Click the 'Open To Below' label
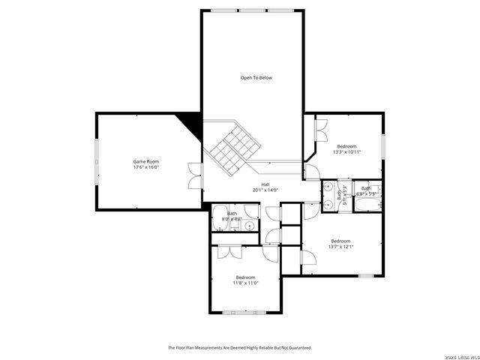[256, 78]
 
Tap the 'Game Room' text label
[146, 161]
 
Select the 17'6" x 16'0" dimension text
[146, 167]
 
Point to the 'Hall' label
[265, 184]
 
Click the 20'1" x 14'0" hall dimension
[265, 190]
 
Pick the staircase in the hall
[229, 147]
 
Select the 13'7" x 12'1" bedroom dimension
[340, 247]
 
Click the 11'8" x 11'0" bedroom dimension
[245, 283]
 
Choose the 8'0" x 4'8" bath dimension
[232, 219]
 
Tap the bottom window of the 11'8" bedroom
[245, 312]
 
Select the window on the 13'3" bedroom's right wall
[382, 145]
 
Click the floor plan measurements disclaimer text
[239, 347]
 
